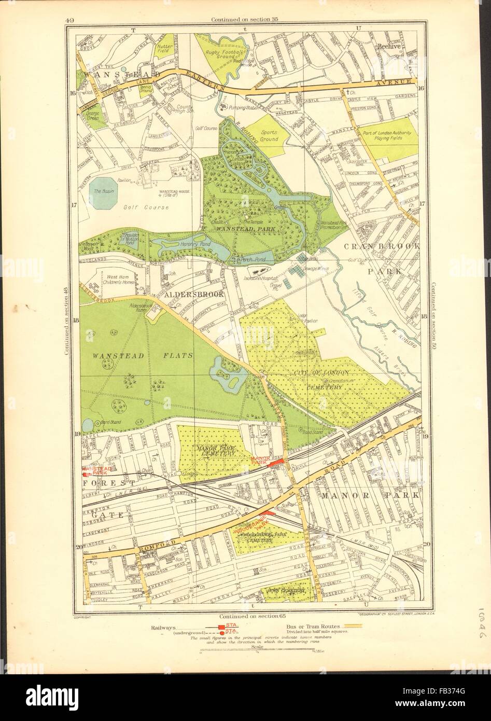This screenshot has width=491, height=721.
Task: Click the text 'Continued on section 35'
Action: coord(245,20)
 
